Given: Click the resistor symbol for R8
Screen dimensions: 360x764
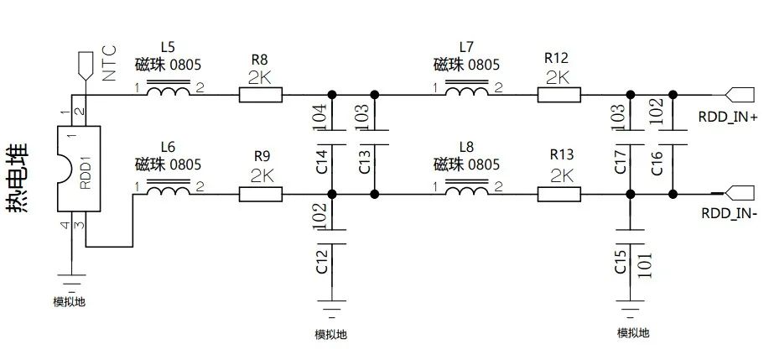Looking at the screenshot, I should pyautogui.click(x=261, y=94).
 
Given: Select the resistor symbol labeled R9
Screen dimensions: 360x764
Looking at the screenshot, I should pyautogui.click(x=261, y=194).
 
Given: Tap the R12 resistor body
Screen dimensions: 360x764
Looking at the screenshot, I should pyautogui.click(x=559, y=94).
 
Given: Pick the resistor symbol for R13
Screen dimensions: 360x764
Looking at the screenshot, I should pyautogui.click(x=559, y=194).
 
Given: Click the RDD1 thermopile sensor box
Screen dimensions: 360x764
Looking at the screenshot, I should pyautogui.click(x=77, y=169).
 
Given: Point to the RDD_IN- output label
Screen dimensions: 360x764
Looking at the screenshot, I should pyautogui.click(x=729, y=213).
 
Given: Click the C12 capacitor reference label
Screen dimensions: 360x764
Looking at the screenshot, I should pyautogui.click(x=320, y=260).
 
